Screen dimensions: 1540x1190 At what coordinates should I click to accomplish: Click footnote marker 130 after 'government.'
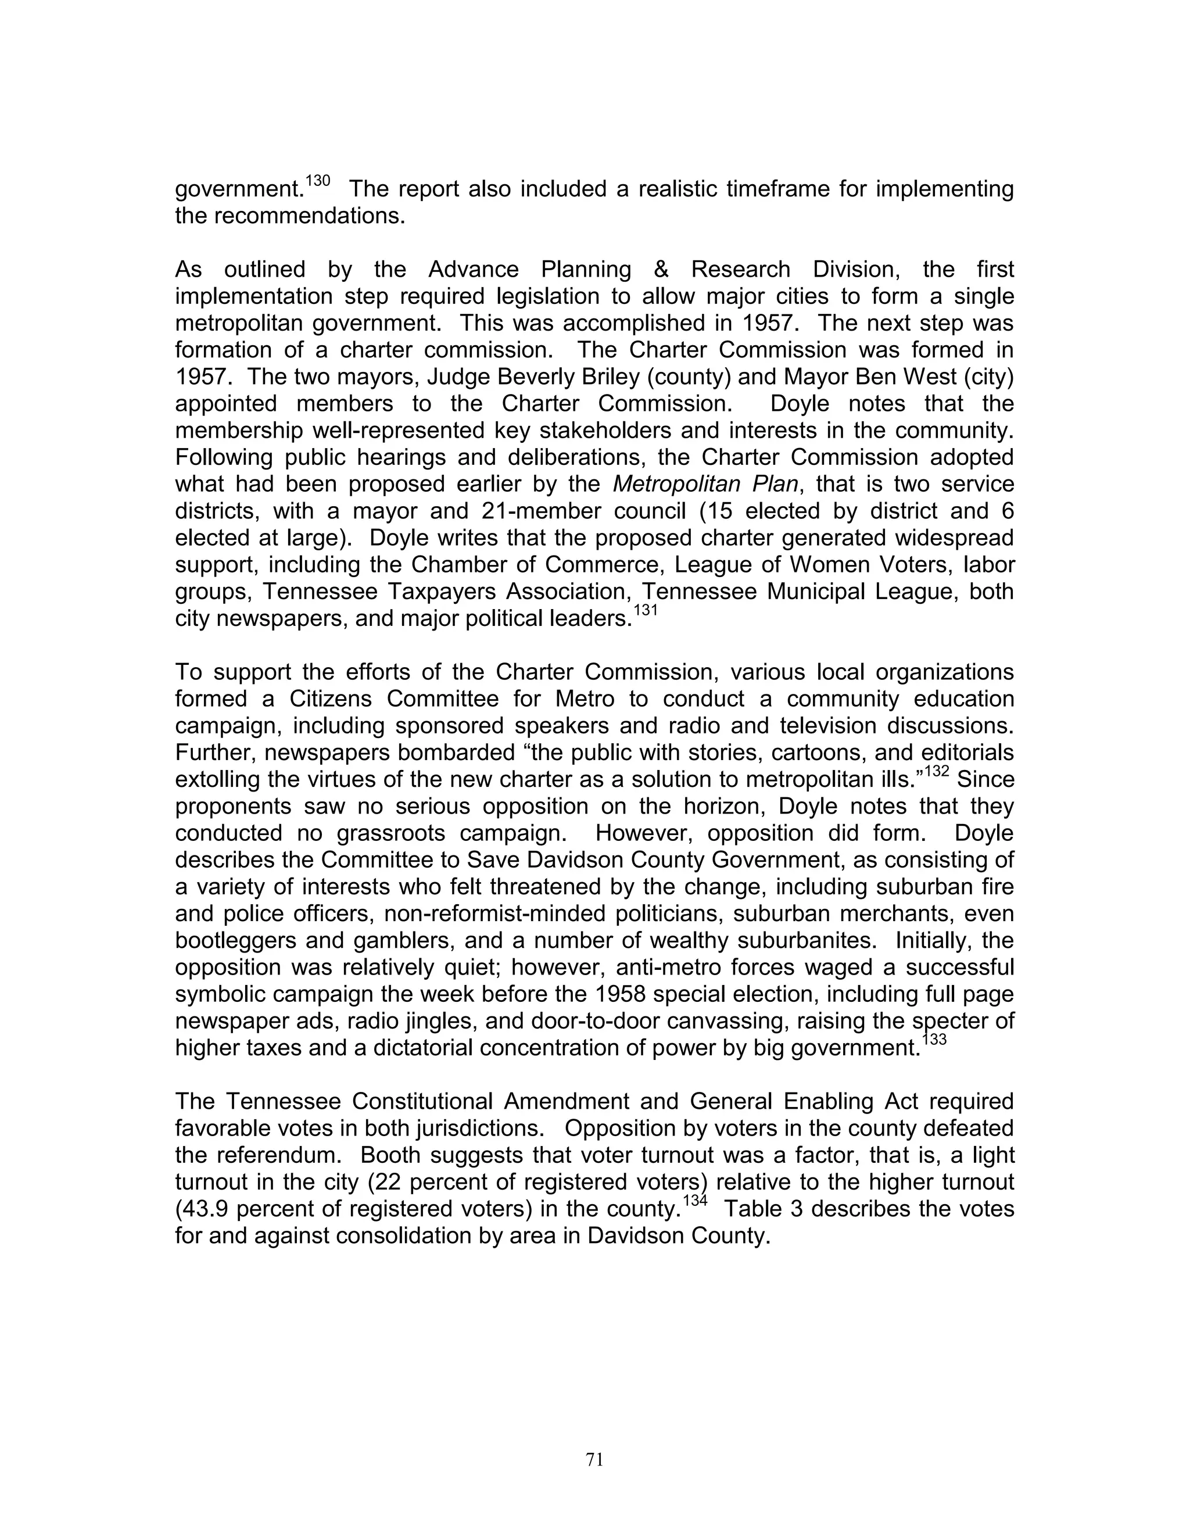[x=318, y=181]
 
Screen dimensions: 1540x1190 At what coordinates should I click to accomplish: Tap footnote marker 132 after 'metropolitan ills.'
[x=937, y=771]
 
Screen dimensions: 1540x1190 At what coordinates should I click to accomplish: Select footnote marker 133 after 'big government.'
[x=935, y=1040]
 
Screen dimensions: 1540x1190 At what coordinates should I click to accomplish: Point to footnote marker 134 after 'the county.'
[x=696, y=1201]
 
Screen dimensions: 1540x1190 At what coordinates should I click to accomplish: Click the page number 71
[x=594, y=1460]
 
